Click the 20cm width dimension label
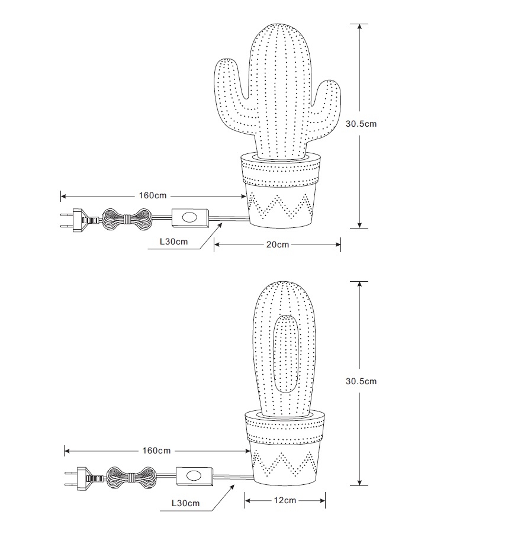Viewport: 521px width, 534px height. [x=278, y=245]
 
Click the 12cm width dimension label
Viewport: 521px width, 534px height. [x=285, y=500]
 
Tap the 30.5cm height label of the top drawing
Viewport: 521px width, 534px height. [x=361, y=124]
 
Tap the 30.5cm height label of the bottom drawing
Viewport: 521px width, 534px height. [x=361, y=381]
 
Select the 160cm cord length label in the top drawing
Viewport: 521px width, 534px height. [x=153, y=195]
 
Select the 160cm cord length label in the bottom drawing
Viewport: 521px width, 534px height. [x=156, y=451]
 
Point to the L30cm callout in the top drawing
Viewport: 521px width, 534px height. [x=173, y=242]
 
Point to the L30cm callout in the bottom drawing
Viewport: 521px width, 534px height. [x=185, y=503]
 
